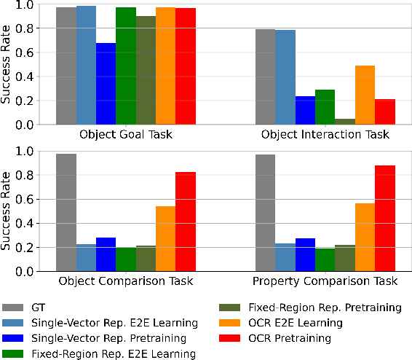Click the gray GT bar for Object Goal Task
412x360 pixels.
click(x=66, y=66)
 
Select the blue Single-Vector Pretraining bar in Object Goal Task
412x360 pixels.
click(x=106, y=84)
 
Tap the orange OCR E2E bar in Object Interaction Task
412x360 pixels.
click(x=365, y=95)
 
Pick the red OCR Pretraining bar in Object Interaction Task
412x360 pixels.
click(x=384, y=112)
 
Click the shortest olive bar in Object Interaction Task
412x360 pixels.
click(x=345, y=122)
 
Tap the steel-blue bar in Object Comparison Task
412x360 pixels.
click(x=86, y=258)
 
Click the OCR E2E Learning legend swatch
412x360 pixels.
click(x=233, y=324)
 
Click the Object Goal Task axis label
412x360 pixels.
click(x=126, y=135)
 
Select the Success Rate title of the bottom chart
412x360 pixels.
click(x=8, y=211)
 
